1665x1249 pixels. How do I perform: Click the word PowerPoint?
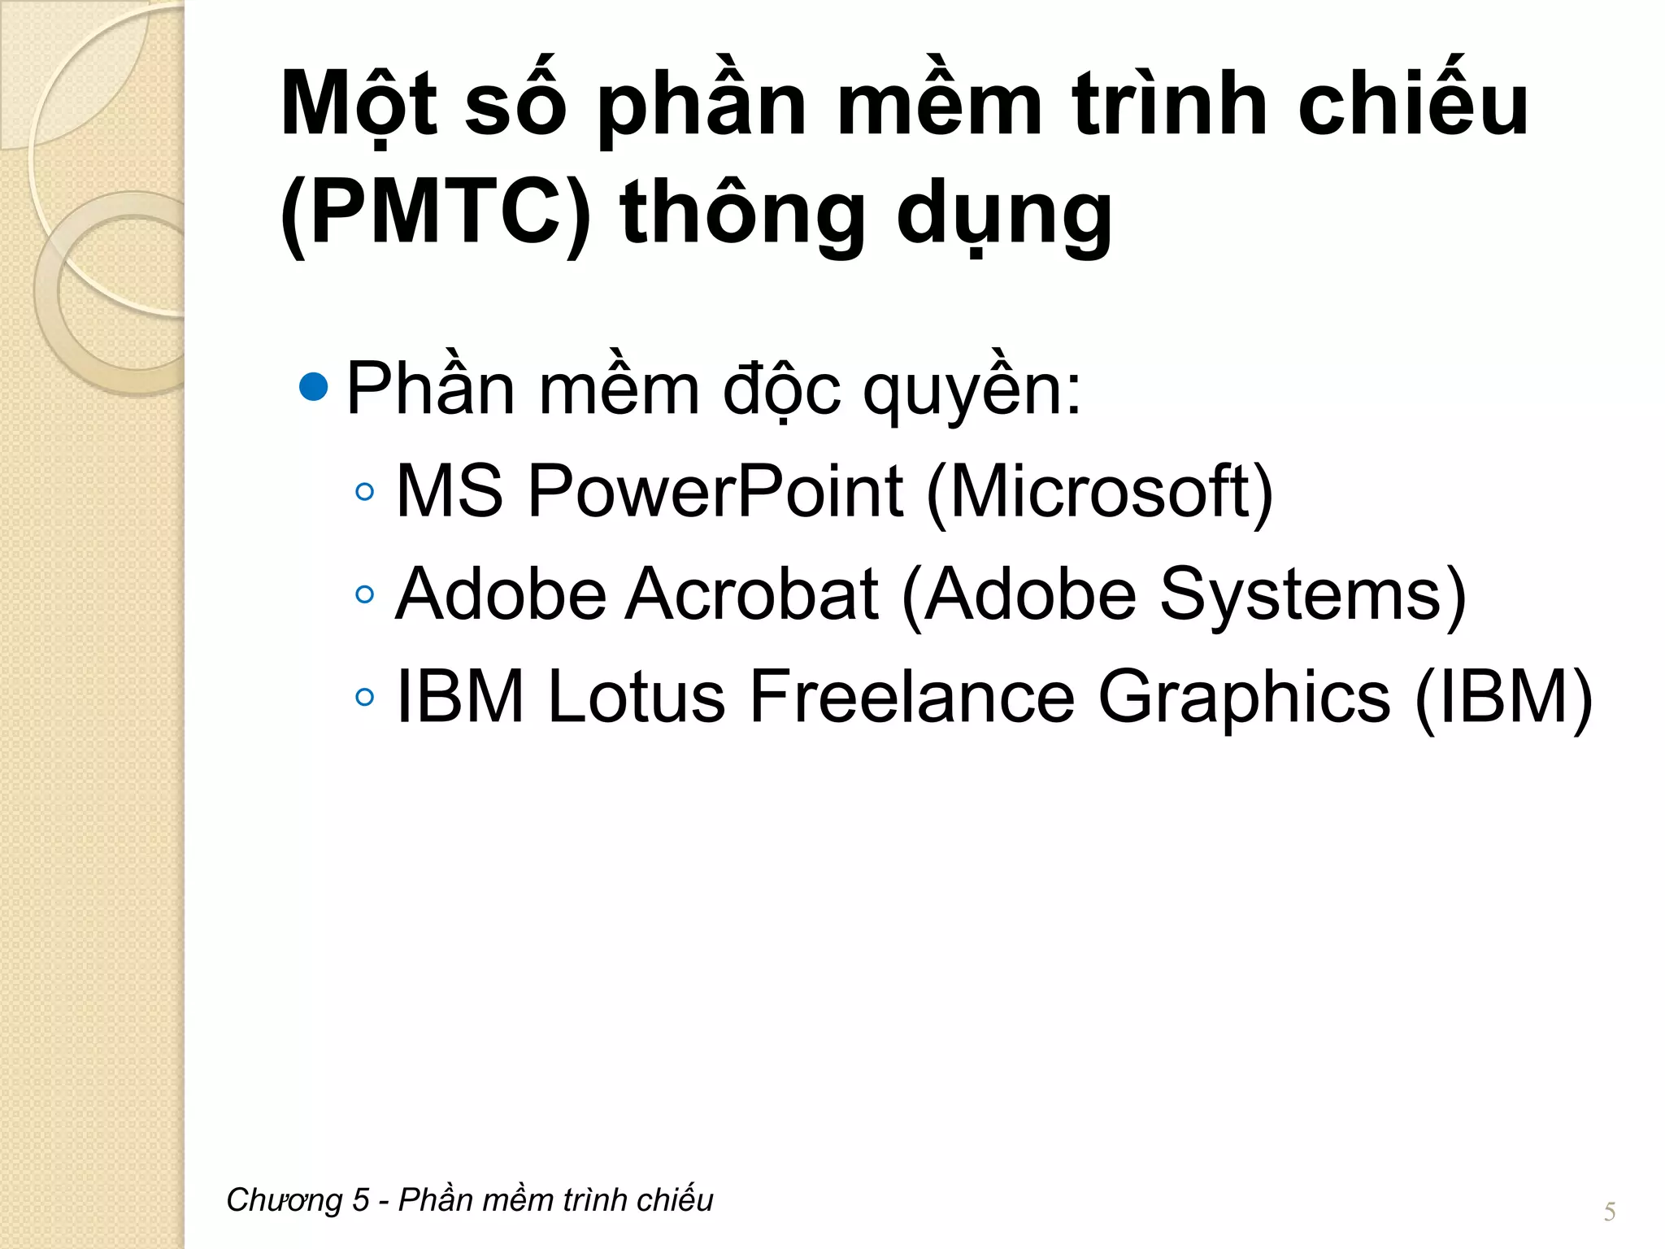pyautogui.click(x=715, y=492)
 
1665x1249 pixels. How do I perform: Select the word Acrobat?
pyautogui.click(x=752, y=594)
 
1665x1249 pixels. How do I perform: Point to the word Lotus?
pyautogui.click(x=637, y=697)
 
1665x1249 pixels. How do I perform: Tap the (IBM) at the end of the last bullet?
pyautogui.click(x=1503, y=698)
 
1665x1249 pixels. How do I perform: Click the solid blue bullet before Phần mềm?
pyautogui.click(x=314, y=387)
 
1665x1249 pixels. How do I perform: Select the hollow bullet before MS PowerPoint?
pyautogui.click(x=365, y=492)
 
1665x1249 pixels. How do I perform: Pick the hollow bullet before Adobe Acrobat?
pyautogui.click(x=365, y=594)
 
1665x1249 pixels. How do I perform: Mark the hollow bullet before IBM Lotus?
pyautogui.click(x=365, y=697)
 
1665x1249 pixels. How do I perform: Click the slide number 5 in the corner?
pyautogui.click(x=1609, y=1212)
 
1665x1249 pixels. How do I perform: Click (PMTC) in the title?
pyautogui.click(x=436, y=212)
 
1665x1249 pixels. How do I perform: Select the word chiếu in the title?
pyautogui.click(x=1413, y=103)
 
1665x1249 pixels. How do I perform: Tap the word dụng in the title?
pyautogui.click(x=1004, y=214)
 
